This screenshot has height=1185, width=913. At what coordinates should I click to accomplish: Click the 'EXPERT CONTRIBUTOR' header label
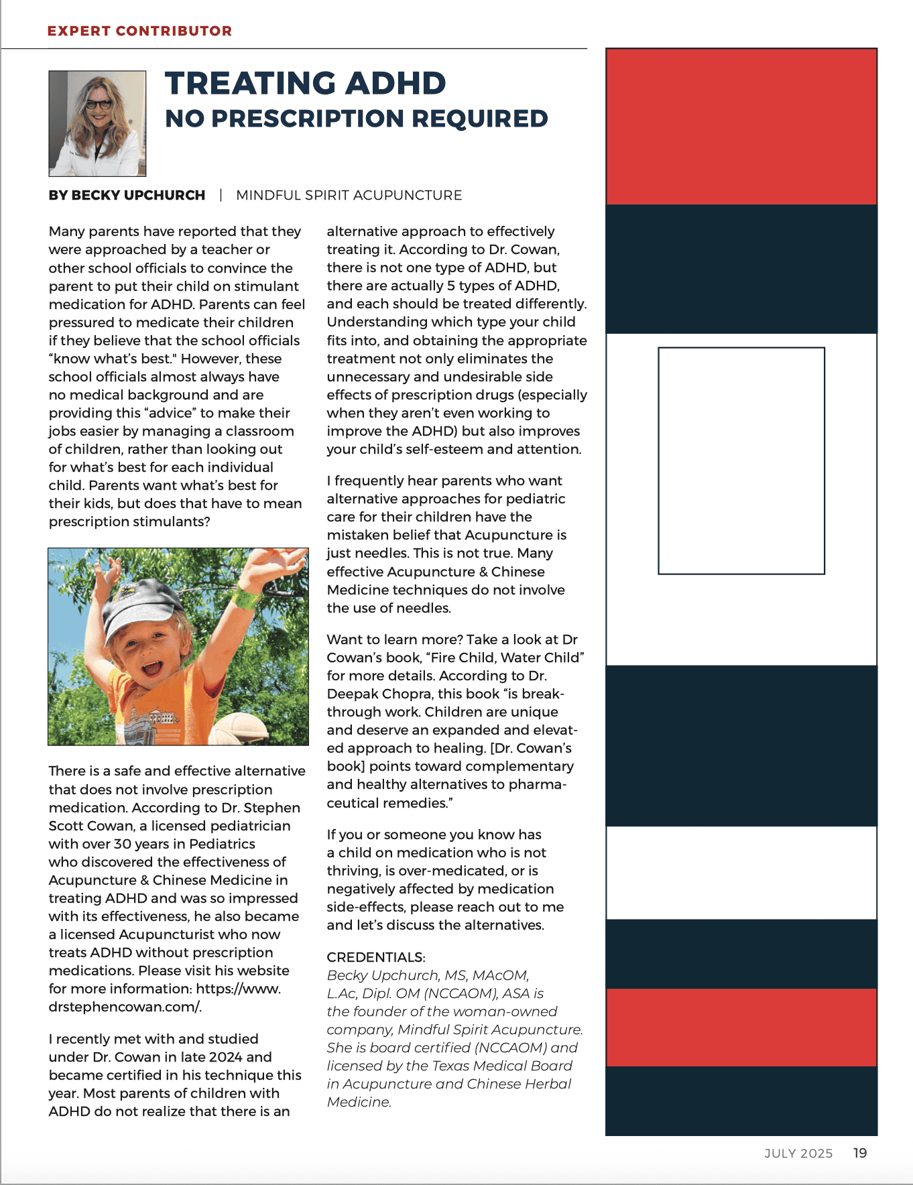(139, 31)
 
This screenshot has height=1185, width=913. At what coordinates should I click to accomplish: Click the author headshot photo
(97, 123)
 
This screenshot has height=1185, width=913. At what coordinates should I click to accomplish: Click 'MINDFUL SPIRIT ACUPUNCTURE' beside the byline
(349, 195)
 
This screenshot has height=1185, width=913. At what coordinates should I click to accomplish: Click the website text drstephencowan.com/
(125, 1007)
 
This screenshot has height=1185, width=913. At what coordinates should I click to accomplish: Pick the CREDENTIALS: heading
(376, 957)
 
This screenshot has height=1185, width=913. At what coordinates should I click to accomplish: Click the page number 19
(860, 1153)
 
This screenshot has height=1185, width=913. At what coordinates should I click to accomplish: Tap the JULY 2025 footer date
(798, 1153)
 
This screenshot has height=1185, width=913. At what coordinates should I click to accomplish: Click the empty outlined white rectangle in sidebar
(741, 460)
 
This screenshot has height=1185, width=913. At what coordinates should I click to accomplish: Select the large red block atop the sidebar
(741, 127)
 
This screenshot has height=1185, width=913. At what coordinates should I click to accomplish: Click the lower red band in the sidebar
(741, 1027)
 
